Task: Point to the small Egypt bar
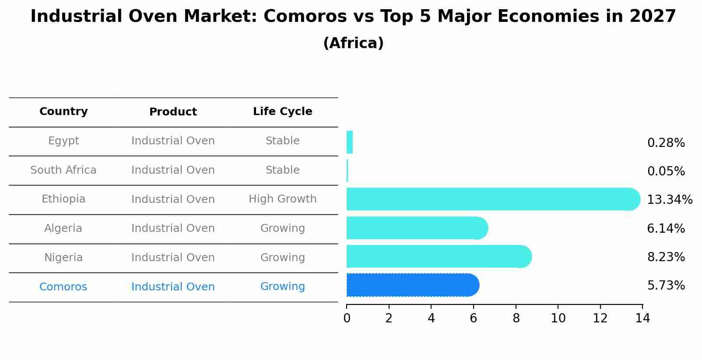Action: coord(349,142)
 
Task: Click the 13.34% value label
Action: coord(669,200)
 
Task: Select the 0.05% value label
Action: coord(666,171)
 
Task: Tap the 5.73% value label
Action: coord(666,286)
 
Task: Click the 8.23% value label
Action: coord(666,257)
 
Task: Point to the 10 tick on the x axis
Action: coord(558,318)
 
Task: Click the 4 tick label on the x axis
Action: coord(431,318)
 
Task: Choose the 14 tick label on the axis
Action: coord(642,318)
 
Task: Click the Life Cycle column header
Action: coord(282,112)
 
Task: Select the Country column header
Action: coord(63,112)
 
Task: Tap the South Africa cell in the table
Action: coord(63,170)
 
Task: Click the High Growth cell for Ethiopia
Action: coord(282,199)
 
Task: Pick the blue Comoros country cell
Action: coord(63,287)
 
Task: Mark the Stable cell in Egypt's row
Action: coord(282,141)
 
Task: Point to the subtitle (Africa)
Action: coord(353,43)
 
